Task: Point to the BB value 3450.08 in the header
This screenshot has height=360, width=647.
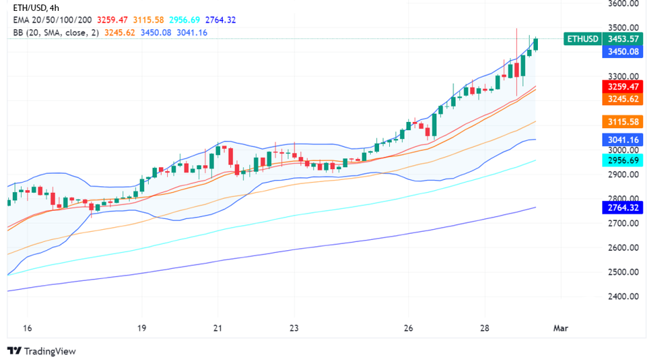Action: pyautogui.click(x=159, y=32)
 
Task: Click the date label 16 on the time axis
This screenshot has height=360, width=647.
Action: pyautogui.click(x=27, y=328)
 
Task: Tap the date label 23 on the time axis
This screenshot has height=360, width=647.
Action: pyautogui.click(x=293, y=328)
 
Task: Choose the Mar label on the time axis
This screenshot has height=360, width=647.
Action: pyautogui.click(x=560, y=328)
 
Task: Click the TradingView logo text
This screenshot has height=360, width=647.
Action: pyautogui.click(x=48, y=351)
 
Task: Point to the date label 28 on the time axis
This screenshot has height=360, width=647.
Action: pyautogui.click(x=483, y=328)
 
